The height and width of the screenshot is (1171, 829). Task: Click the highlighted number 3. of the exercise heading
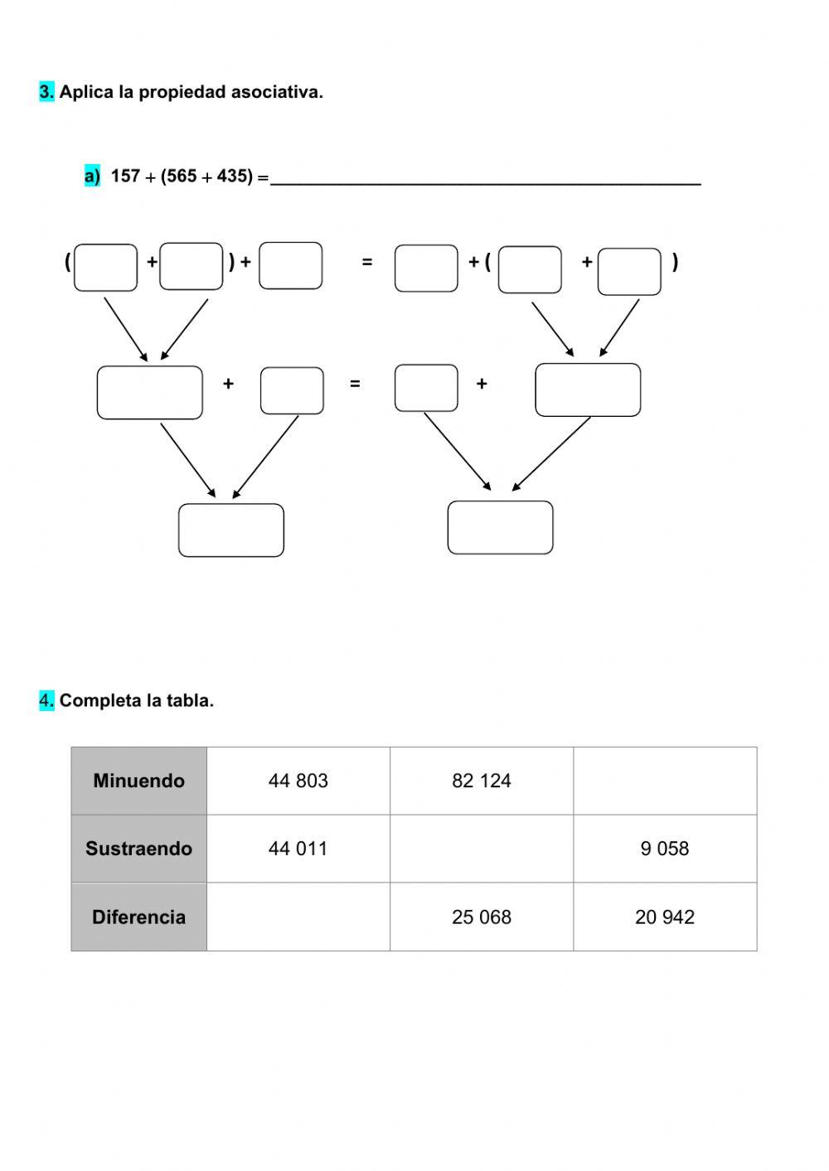(x=46, y=92)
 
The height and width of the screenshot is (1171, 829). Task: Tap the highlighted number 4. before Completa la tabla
(x=46, y=700)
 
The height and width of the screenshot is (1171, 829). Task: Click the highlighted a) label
(x=92, y=176)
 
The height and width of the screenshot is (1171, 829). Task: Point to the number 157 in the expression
(x=125, y=176)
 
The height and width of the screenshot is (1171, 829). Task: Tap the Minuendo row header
(x=138, y=781)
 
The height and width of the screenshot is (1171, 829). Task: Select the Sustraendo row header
(x=138, y=849)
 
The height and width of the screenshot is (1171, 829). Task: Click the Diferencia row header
(x=138, y=917)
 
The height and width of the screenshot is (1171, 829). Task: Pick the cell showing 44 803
(x=298, y=781)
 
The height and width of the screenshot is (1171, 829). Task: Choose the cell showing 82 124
(x=482, y=781)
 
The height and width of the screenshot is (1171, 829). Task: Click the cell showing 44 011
(x=298, y=849)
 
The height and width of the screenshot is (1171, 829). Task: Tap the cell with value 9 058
(x=665, y=849)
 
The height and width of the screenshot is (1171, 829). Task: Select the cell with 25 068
(x=482, y=917)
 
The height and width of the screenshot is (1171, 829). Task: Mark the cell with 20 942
(x=665, y=917)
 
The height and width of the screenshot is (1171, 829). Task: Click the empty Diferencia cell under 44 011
(x=298, y=917)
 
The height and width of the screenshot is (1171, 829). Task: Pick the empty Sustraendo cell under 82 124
(x=482, y=849)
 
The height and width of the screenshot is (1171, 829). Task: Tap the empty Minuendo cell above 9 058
(x=665, y=781)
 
